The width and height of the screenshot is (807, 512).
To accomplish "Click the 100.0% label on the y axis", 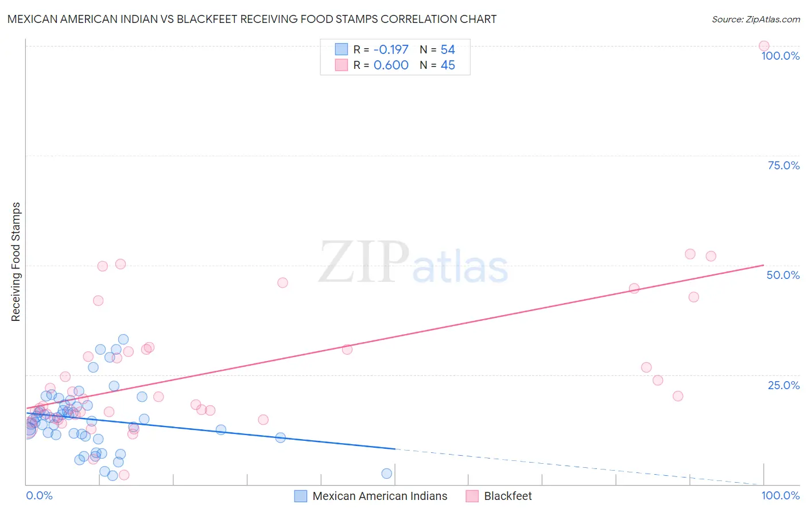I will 780,56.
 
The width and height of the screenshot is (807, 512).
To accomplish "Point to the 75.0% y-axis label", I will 783,165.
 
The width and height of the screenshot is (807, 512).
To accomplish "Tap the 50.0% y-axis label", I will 783,275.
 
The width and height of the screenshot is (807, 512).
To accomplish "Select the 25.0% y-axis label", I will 783,385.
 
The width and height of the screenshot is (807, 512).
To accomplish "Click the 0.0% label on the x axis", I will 39,495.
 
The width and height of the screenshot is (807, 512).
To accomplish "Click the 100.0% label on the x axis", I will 780,495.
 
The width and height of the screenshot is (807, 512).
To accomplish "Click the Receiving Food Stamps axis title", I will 15,262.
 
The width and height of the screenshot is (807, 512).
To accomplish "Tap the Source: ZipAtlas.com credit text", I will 755,19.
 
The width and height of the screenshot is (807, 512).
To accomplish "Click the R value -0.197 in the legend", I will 390,49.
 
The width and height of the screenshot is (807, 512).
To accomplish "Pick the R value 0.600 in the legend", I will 390,65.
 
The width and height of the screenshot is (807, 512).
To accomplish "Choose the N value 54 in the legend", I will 448,49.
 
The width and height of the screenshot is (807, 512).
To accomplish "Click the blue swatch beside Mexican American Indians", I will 301,496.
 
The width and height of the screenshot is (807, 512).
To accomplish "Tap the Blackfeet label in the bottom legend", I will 507,496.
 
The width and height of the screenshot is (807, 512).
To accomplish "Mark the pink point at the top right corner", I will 764,46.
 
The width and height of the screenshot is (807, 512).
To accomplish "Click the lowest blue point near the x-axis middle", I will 387,474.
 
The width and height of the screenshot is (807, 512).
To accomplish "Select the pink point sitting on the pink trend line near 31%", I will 347,349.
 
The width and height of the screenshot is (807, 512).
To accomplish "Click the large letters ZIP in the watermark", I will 364,262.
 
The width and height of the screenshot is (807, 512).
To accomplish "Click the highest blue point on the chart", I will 123,339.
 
